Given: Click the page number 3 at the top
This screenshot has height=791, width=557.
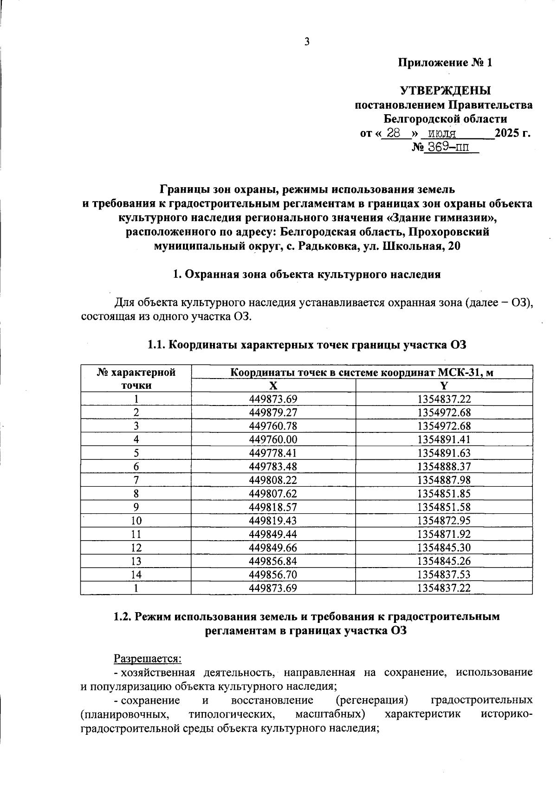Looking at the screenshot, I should tap(306, 42).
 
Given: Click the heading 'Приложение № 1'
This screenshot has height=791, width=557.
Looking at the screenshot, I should tap(445, 63).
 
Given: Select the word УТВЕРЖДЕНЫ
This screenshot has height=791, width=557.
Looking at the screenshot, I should tap(445, 90).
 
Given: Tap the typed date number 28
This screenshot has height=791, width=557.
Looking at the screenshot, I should tap(394, 133).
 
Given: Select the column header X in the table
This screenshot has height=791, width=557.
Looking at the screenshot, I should tap(273, 385).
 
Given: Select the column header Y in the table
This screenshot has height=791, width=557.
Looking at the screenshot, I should tap(444, 385).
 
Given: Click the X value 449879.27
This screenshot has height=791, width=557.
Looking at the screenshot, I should tap(273, 412).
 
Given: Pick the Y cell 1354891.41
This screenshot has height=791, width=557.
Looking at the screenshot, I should tap(444, 439).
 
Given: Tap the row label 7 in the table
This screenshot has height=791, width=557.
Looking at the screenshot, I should tap(136, 480).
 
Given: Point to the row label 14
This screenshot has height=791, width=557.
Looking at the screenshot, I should tap(136, 575).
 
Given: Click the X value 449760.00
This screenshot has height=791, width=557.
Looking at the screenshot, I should tap(273, 439).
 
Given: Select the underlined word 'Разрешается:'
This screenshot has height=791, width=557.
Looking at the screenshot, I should tap(148, 659).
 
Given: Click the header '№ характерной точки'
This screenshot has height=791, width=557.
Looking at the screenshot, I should tap(136, 379).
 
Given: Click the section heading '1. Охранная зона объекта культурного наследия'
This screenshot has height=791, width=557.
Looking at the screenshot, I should tap(306, 274).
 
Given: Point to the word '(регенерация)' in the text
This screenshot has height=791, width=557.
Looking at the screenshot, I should tap(372, 700).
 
